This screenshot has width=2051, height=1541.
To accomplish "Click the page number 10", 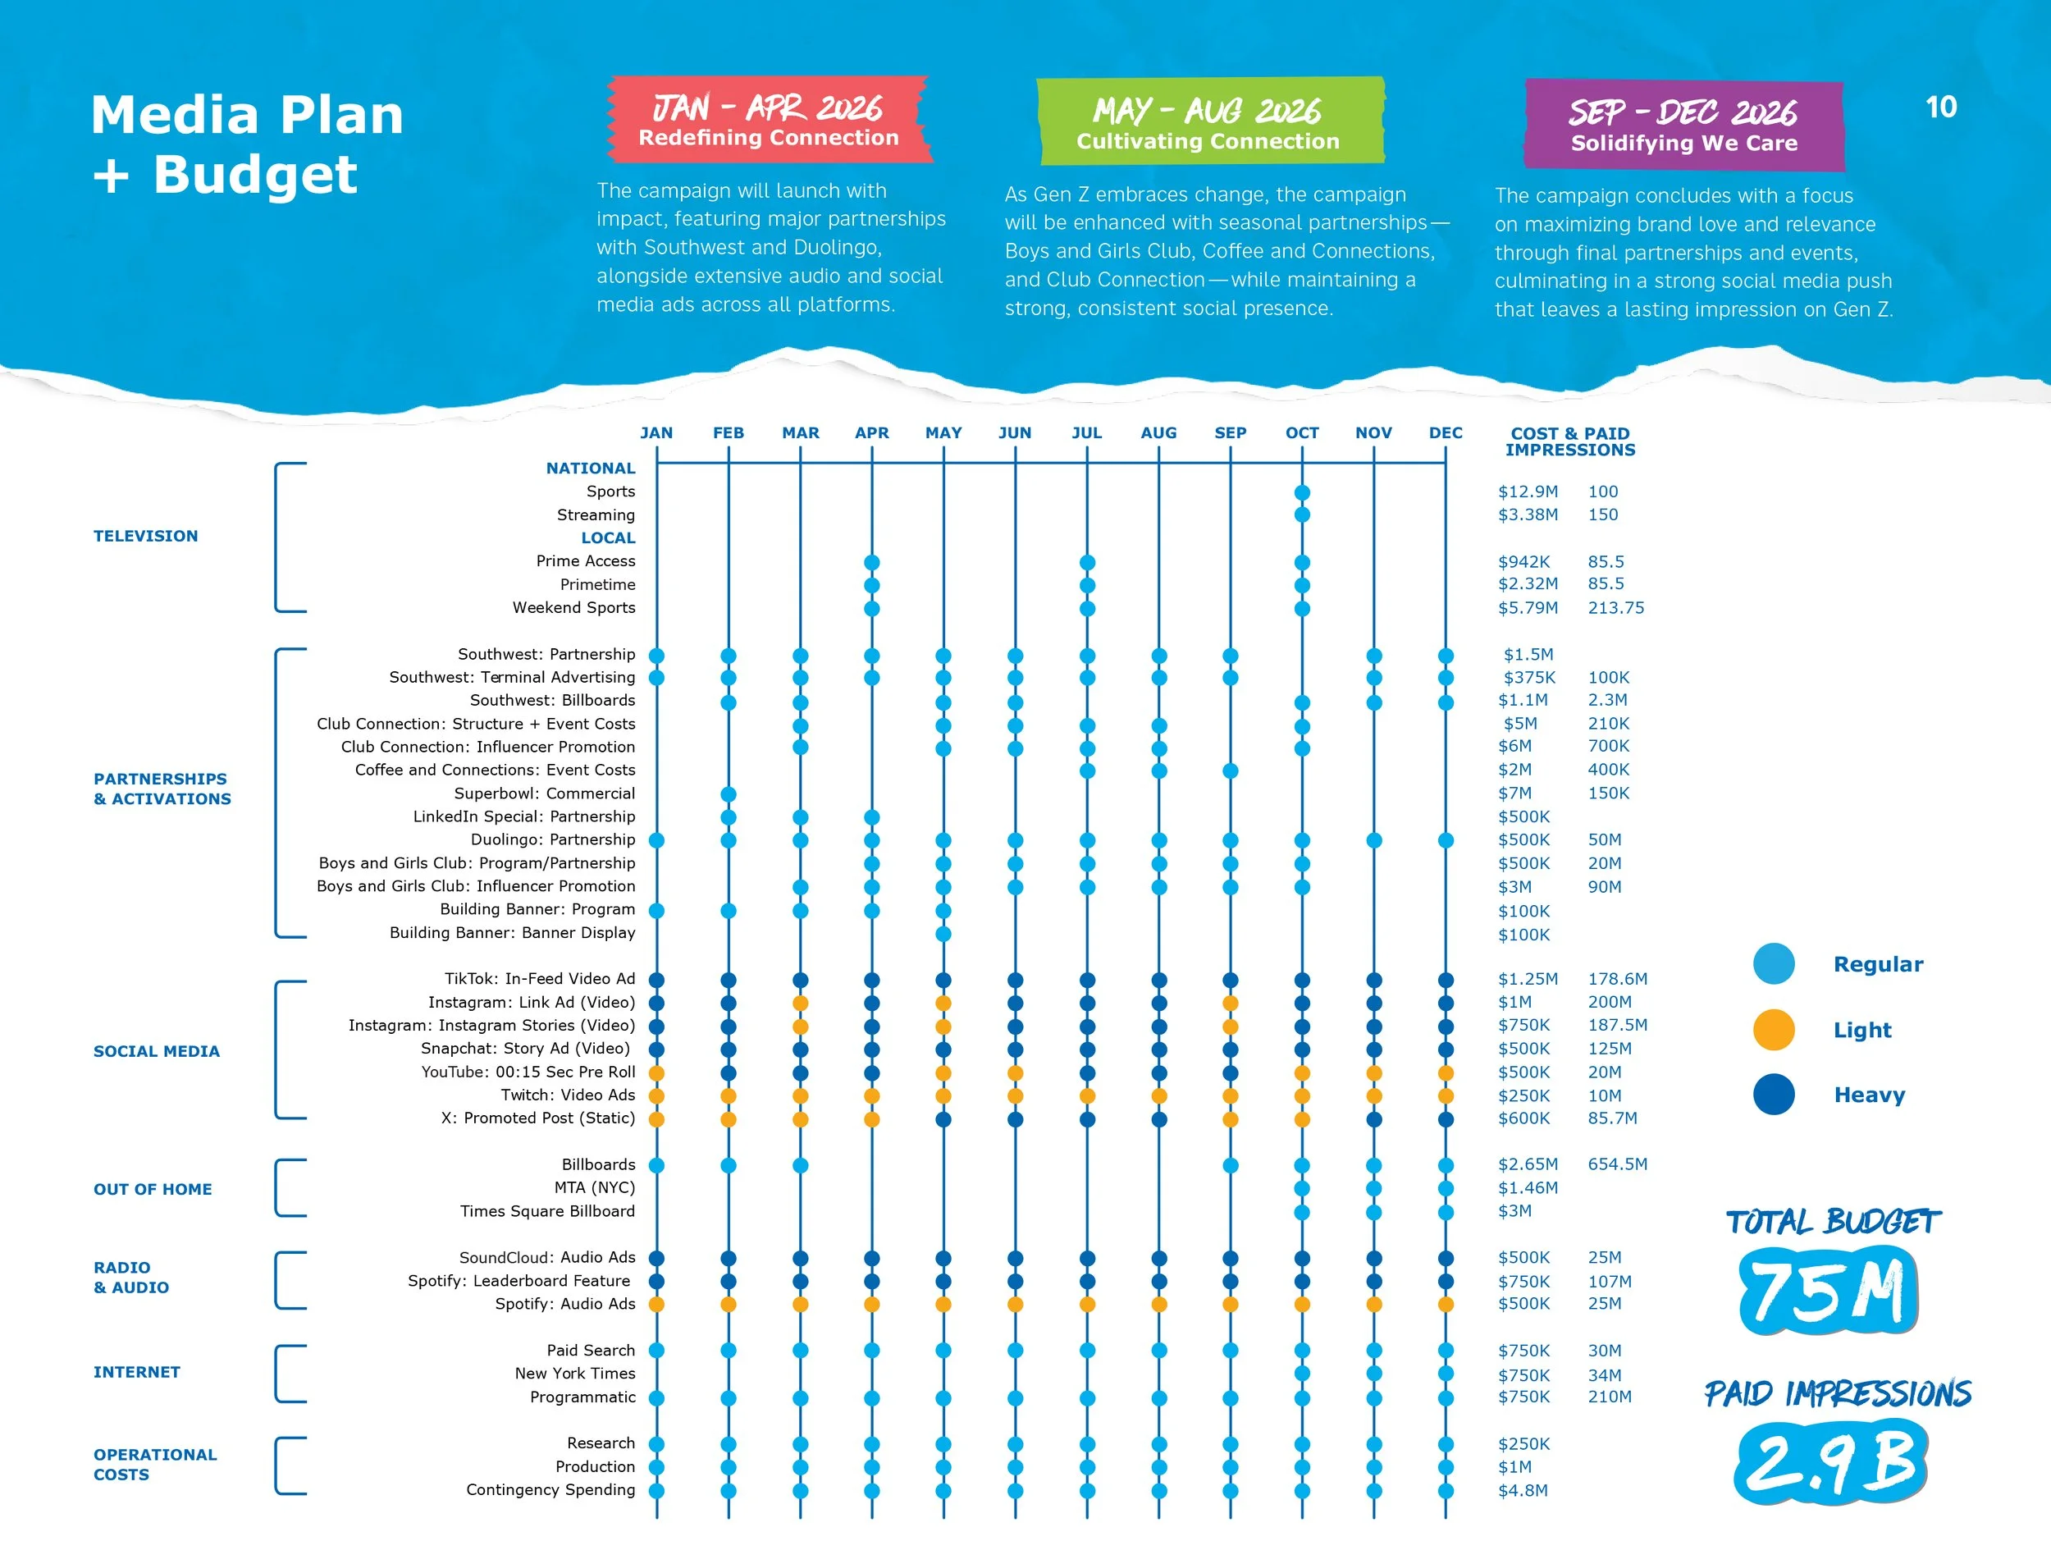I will coord(1941,107).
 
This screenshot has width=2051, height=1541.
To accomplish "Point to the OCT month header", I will coord(1302,433).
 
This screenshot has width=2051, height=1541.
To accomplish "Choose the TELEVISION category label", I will coord(145,536).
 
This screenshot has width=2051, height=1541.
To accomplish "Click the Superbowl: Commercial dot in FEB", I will coord(729,794).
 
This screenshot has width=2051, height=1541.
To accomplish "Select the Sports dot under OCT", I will coord(1302,492).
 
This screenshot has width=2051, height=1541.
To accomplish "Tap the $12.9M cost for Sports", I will coord(1527,492).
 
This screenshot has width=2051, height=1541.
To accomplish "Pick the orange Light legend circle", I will coord(1773,1030).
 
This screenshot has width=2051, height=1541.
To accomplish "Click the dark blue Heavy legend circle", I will coord(1773,1095).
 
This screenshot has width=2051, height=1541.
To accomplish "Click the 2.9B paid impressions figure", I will coord(1831,1463).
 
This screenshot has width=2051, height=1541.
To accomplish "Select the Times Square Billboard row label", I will coord(547,1212).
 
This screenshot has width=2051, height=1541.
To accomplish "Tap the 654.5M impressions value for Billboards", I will coord(1617,1164).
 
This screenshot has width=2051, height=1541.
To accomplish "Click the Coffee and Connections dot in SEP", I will coord(1231,771).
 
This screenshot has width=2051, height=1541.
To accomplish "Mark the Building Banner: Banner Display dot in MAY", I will coord(943,934).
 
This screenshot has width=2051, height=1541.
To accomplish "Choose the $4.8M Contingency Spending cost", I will coord(1523,1491).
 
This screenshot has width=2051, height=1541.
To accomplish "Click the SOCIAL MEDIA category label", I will coord(157,1051).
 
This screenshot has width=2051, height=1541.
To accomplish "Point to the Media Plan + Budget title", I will coord(248,144).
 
